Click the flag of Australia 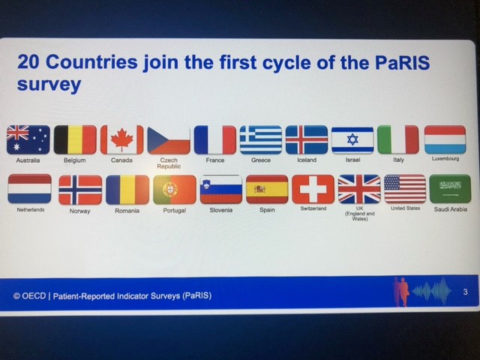(x=28, y=139)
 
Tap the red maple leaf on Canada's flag (x=121, y=139)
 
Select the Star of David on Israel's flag (x=352, y=139)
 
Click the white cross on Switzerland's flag (x=313, y=189)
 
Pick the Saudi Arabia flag (x=450, y=189)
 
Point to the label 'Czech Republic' (x=169, y=163)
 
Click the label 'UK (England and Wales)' (x=360, y=213)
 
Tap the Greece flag (x=261, y=139)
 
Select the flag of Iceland (x=307, y=139)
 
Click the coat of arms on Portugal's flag (x=170, y=189)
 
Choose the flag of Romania (x=127, y=190)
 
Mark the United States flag (x=405, y=189)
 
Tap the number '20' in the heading (x=28, y=61)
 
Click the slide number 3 (x=465, y=292)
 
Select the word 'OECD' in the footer (x=34, y=296)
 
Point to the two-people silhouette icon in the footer (x=401, y=292)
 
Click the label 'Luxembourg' (x=445, y=158)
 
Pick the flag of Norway (x=80, y=190)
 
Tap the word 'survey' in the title (x=49, y=84)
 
